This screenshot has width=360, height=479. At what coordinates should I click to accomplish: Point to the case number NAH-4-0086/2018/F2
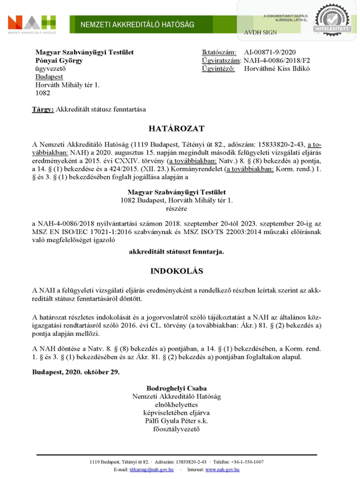click(x=277, y=60)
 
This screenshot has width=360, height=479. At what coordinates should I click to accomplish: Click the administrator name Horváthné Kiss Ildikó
click(x=277, y=68)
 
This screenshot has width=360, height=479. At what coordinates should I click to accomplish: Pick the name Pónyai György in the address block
click(x=59, y=60)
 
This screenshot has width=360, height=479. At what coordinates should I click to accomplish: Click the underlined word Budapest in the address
click(x=48, y=76)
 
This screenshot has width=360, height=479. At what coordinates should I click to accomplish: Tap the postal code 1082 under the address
click(x=43, y=93)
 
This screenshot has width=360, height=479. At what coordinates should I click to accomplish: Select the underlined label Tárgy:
click(x=43, y=109)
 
